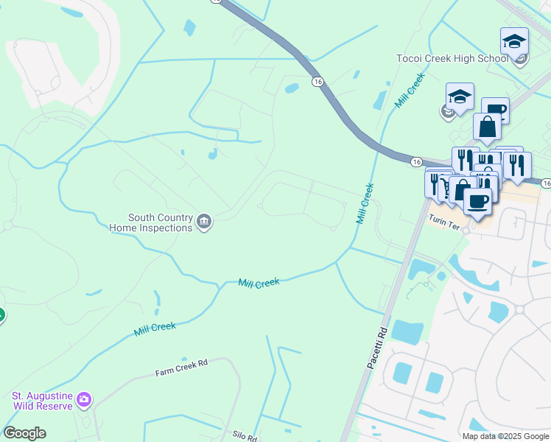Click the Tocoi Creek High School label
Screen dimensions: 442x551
coord(452,58)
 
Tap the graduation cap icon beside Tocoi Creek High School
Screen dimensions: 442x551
coord(514,41)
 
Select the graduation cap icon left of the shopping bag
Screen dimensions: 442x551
coord(459,97)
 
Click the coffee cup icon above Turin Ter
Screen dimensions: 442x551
coord(477,200)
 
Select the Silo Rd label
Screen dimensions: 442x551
coord(243,437)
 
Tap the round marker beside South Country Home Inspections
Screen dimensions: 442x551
coord(205,221)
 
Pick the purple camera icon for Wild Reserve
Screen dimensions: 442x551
coord(85,399)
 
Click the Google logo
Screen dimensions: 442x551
coord(24,433)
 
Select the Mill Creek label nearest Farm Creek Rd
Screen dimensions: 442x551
coord(155,328)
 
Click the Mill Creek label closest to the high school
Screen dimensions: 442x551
coord(410,91)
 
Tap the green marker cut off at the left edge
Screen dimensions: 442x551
coord(1,315)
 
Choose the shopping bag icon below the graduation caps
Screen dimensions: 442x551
coord(487,127)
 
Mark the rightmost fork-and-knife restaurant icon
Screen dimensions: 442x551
coord(519,166)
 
